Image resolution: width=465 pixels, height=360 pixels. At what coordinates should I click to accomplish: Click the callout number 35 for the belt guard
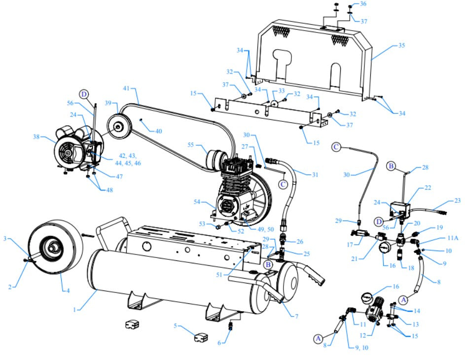[x=401, y=45]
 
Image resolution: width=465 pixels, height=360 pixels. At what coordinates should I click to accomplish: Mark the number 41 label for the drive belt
[x=126, y=88]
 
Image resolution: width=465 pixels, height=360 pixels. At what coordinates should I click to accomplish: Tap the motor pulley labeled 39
[x=118, y=126]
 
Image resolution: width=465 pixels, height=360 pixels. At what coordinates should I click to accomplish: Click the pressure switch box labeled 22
[x=400, y=210]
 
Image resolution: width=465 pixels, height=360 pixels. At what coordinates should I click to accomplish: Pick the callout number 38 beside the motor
[x=36, y=137]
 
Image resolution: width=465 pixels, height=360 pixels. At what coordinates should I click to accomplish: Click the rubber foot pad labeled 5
[x=201, y=339]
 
